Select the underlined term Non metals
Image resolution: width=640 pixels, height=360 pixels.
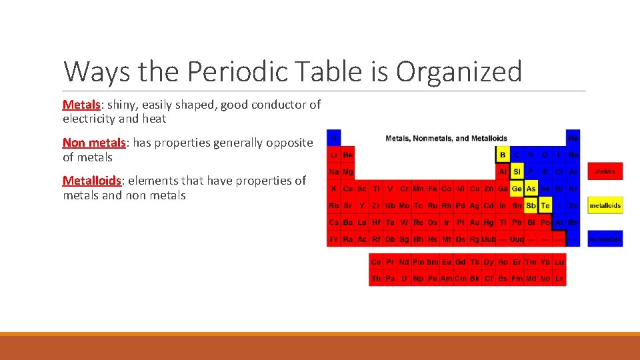[x=94, y=143]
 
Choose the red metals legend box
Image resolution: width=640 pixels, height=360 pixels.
[x=605, y=171]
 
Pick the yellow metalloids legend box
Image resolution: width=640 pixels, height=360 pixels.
[x=605, y=205]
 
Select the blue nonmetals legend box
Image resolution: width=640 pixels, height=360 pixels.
[x=605, y=239]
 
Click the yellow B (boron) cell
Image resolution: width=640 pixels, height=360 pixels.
[x=503, y=155]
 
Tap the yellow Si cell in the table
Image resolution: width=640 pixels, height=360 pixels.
[x=517, y=171]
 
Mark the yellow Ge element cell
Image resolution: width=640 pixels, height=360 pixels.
[x=517, y=189]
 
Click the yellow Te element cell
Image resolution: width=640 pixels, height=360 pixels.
[x=545, y=205]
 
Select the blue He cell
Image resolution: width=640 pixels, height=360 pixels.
[x=573, y=138]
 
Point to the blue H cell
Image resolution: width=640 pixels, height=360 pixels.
[x=333, y=138]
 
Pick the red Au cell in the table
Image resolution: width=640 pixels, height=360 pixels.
[x=474, y=222]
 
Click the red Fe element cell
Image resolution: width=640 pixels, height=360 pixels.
[x=432, y=189]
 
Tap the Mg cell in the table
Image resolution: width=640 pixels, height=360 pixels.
[x=347, y=171]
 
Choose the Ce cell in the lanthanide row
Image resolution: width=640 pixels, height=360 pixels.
[x=376, y=262]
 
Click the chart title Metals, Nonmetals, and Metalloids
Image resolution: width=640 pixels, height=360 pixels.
[x=446, y=138]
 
